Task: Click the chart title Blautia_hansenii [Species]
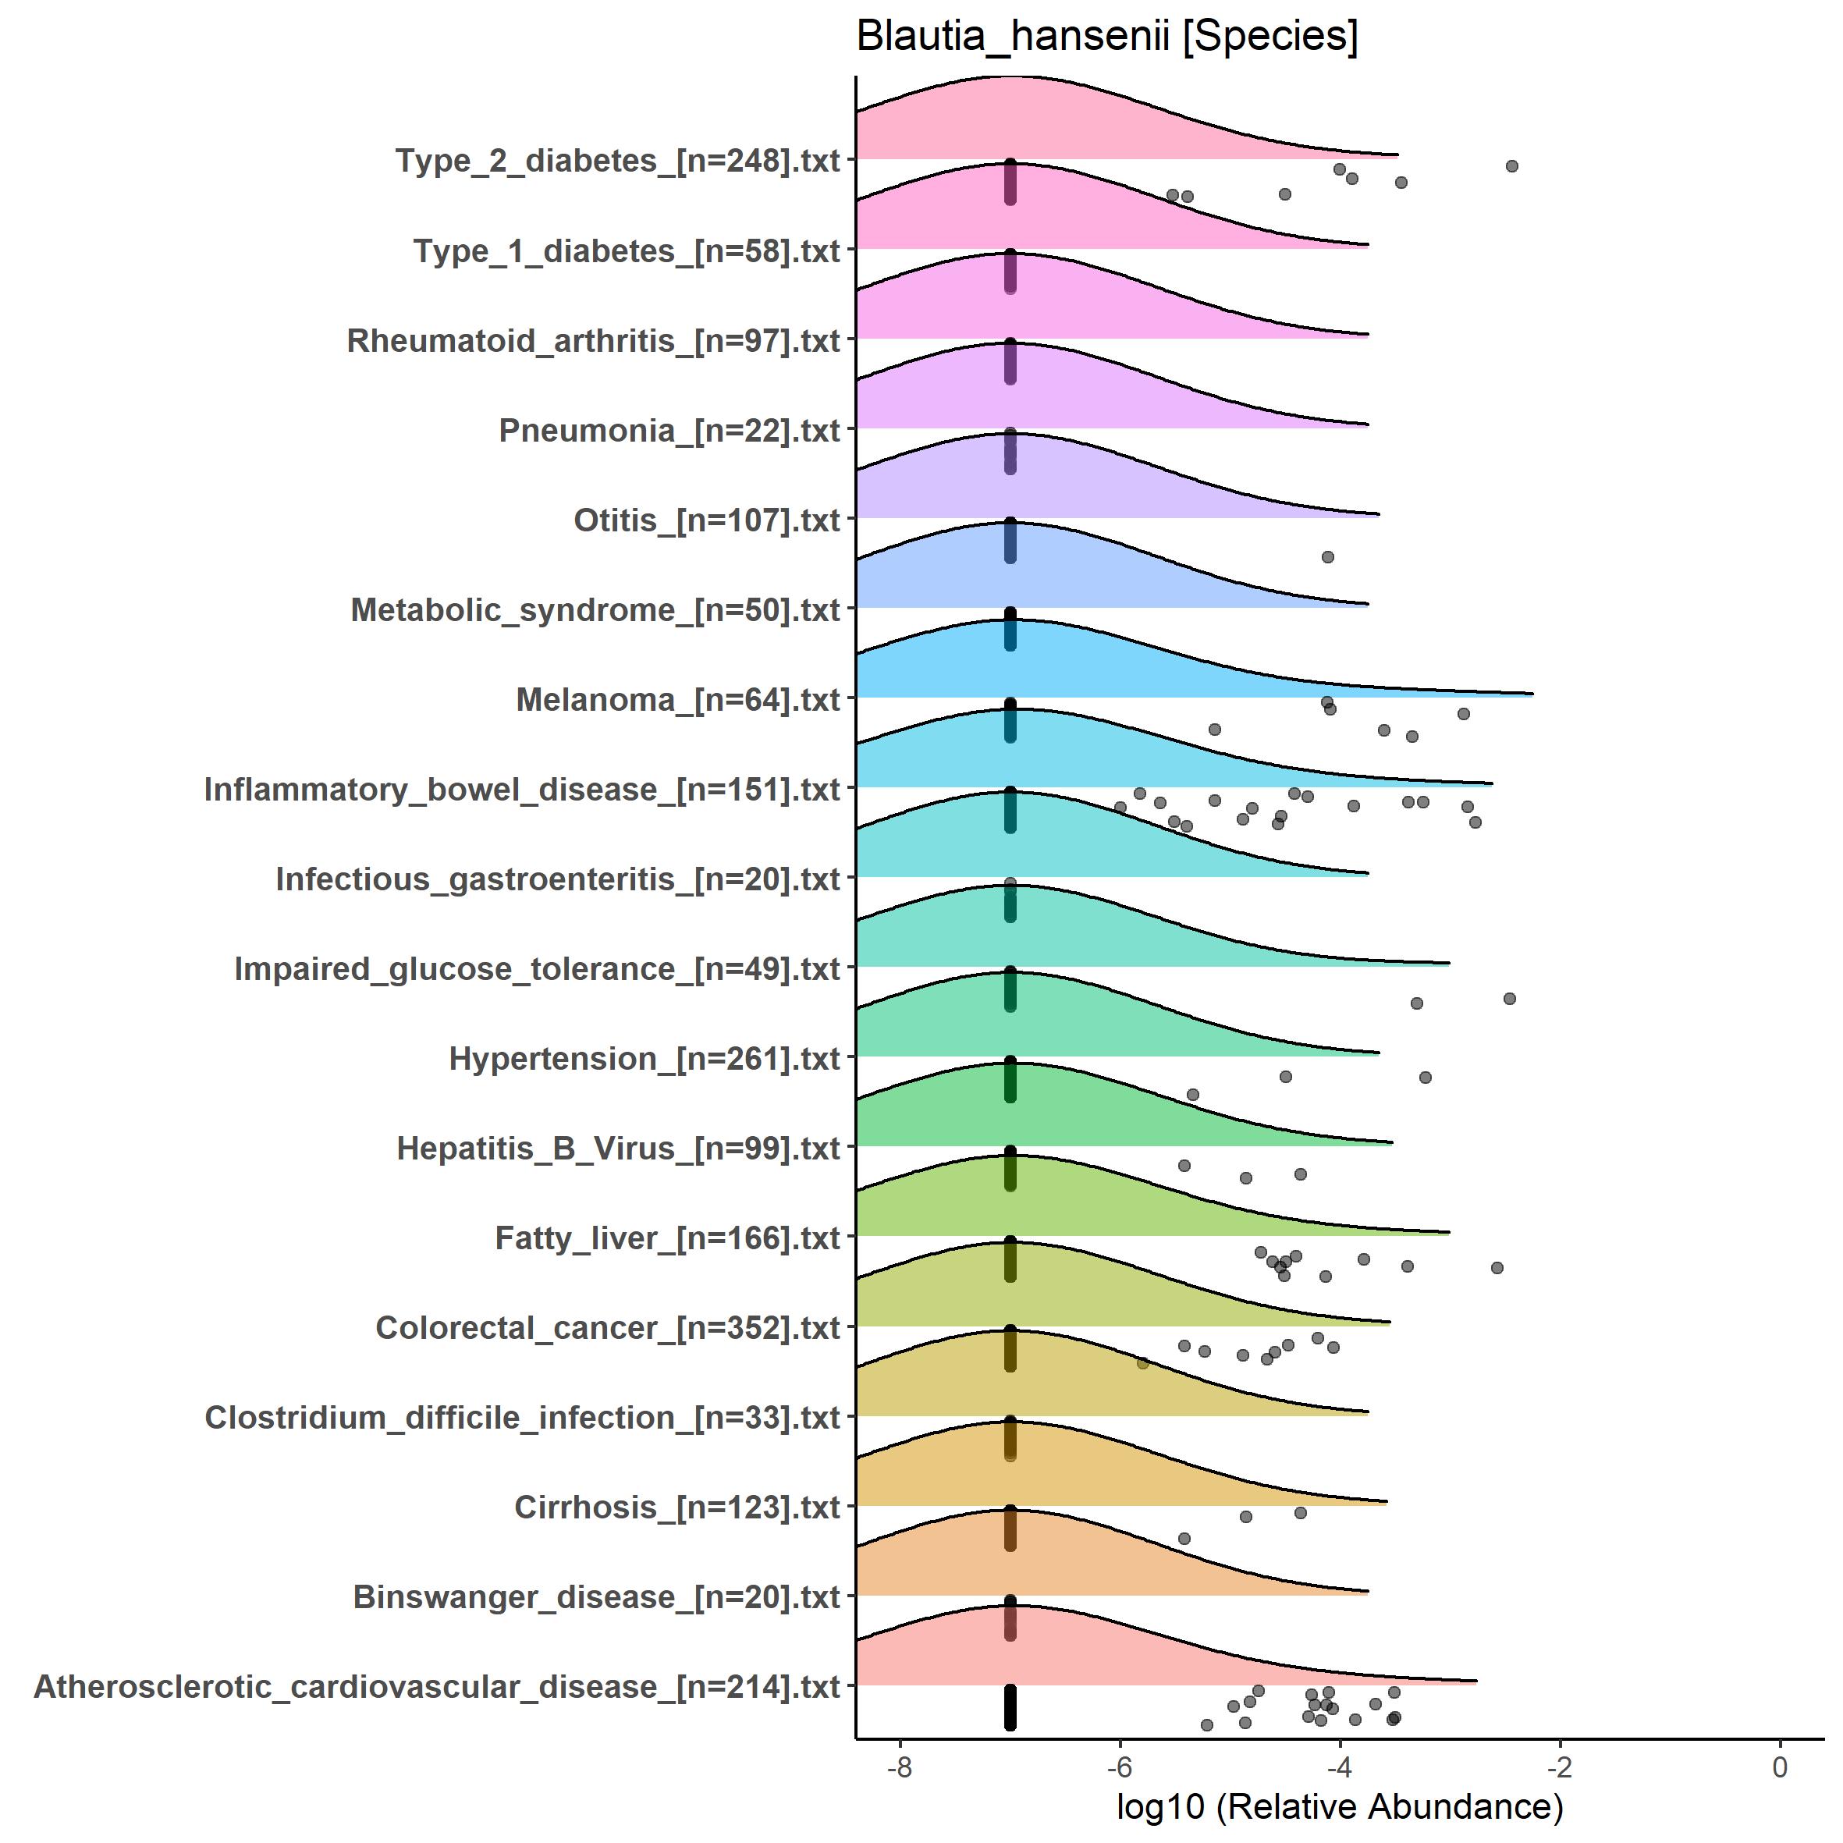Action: pos(1106,36)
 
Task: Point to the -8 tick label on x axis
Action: pos(899,1767)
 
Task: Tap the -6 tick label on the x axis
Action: pos(1119,1767)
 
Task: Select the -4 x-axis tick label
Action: pos(1339,1767)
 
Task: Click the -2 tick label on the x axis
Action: pos(1560,1767)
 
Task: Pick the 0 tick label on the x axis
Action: pos(1780,1767)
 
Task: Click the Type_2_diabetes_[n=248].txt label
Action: pos(618,160)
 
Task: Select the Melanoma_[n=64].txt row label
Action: pos(678,699)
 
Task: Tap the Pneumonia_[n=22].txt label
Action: pos(669,430)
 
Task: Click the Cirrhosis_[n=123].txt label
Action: pos(677,1507)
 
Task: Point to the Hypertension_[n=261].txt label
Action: pos(645,1058)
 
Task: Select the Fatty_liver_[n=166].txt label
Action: pos(668,1238)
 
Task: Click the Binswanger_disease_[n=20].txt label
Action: pos(597,1597)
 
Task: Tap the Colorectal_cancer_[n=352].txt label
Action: pos(608,1328)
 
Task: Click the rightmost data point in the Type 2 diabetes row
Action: pos(1512,166)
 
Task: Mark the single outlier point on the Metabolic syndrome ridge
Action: pos(1328,557)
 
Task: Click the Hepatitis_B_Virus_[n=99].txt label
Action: pos(618,1149)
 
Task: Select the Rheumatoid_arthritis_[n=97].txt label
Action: pos(593,340)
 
